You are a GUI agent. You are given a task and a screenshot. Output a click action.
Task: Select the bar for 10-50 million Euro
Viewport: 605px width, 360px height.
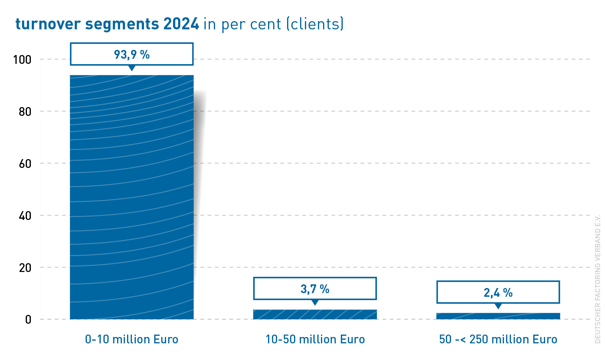click(x=315, y=315)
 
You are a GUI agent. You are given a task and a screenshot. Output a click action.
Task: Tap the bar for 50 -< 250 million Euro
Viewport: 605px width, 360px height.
click(x=498, y=316)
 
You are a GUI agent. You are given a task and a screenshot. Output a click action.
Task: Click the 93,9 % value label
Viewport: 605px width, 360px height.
click(x=132, y=54)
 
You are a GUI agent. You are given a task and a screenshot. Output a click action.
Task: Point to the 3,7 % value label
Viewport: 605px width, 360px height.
click(x=315, y=289)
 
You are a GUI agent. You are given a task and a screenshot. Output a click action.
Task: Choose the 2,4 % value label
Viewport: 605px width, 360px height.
click(x=498, y=293)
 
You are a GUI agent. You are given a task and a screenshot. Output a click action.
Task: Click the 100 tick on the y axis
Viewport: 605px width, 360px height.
click(x=22, y=60)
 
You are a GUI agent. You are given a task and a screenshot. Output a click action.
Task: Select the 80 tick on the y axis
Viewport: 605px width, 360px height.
click(x=25, y=112)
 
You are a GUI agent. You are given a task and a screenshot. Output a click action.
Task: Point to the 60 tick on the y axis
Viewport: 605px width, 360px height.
click(x=25, y=164)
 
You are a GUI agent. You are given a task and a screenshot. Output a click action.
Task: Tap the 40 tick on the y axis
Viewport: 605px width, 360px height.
click(x=25, y=216)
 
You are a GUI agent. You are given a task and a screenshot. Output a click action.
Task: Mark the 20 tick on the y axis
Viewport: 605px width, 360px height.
click(x=25, y=268)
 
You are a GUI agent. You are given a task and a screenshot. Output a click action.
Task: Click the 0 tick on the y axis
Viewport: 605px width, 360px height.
click(x=28, y=319)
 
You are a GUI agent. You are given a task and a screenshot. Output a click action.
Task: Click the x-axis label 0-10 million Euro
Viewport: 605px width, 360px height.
click(x=132, y=339)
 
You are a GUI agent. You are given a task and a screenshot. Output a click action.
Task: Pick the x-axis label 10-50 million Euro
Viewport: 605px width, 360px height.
click(x=315, y=339)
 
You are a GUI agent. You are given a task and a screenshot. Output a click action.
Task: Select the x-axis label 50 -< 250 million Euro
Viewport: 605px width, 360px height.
click(x=498, y=339)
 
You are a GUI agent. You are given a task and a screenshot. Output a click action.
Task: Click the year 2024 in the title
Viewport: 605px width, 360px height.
click(x=181, y=24)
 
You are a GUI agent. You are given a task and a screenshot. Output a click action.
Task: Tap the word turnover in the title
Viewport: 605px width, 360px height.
click(x=48, y=24)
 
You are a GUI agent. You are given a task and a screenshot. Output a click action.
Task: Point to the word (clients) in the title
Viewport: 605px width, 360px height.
click(x=315, y=24)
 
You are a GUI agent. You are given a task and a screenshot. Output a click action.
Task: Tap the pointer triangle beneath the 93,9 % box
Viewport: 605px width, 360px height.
click(x=132, y=68)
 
